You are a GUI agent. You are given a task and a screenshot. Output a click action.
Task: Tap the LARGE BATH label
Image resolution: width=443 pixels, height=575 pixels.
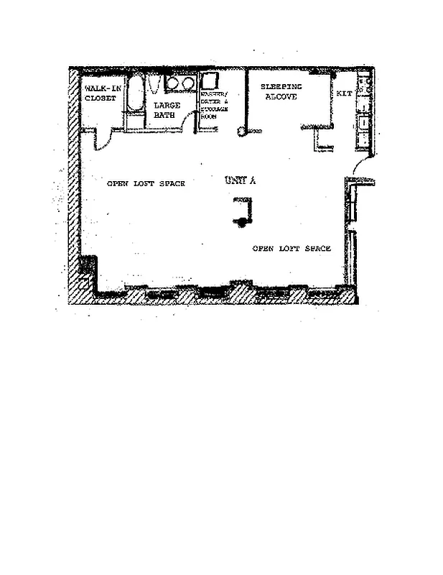click(167, 109)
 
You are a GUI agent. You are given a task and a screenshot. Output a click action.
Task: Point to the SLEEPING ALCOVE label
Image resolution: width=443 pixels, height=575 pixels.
click(281, 91)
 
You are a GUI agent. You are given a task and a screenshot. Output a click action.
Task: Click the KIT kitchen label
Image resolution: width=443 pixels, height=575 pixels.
click(343, 93)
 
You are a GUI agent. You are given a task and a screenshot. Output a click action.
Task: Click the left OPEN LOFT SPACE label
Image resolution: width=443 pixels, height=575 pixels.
click(146, 184)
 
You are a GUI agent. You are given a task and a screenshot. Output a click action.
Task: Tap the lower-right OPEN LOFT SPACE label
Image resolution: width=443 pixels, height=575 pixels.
click(292, 249)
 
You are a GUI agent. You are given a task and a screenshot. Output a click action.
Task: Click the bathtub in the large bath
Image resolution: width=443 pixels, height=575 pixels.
click(135, 97)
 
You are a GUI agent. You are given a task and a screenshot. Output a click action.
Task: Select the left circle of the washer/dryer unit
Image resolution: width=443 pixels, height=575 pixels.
click(173, 83)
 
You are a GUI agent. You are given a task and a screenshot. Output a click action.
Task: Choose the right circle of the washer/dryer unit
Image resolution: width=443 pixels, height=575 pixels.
click(187, 83)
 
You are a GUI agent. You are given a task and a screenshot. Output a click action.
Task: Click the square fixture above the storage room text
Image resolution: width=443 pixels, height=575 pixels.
click(209, 80)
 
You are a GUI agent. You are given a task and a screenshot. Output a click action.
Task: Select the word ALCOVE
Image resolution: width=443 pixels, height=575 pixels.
click(281, 96)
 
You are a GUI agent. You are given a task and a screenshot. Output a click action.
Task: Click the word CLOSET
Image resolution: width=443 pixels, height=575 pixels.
click(100, 98)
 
